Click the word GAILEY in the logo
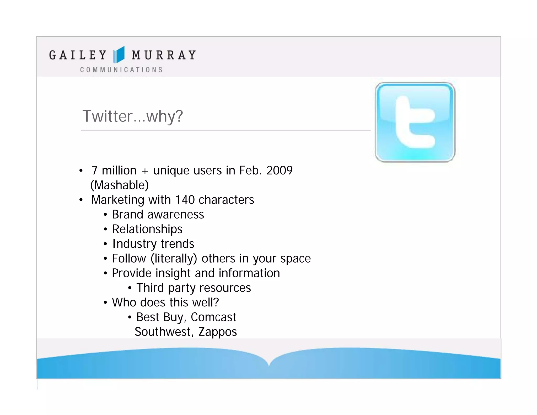(x=78, y=55)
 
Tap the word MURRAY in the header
(x=164, y=55)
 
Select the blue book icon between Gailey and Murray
(x=119, y=55)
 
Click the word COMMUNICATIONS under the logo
(x=121, y=70)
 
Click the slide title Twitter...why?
(x=132, y=116)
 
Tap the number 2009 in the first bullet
(x=279, y=171)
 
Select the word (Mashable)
(x=120, y=185)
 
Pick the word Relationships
(x=147, y=229)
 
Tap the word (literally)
(x=174, y=259)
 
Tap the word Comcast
(x=213, y=317)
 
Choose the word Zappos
(x=218, y=332)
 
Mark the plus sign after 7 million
(x=145, y=171)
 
